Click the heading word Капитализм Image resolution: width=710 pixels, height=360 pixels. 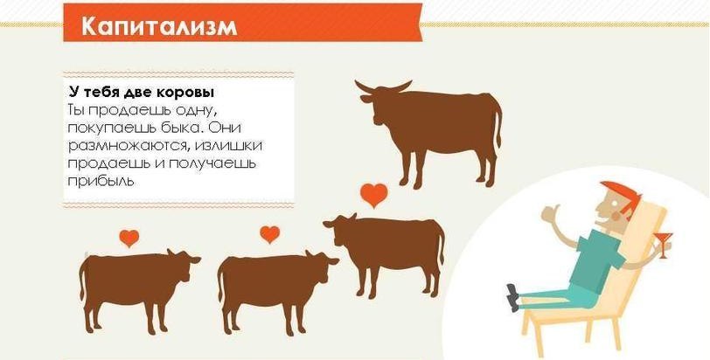(x=159, y=27)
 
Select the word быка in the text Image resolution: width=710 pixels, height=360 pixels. (x=179, y=128)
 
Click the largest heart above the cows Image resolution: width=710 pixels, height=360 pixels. (x=374, y=195)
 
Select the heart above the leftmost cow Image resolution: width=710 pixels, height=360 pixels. (x=129, y=238)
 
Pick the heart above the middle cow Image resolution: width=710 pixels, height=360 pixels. (x=270, y=234)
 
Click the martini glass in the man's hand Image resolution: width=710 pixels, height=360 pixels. (x=664, y=244)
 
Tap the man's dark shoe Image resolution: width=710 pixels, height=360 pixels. (x=513, y=298)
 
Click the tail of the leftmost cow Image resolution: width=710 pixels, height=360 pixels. (x=82, y=281)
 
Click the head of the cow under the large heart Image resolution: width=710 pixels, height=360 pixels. (x=338, y=227)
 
